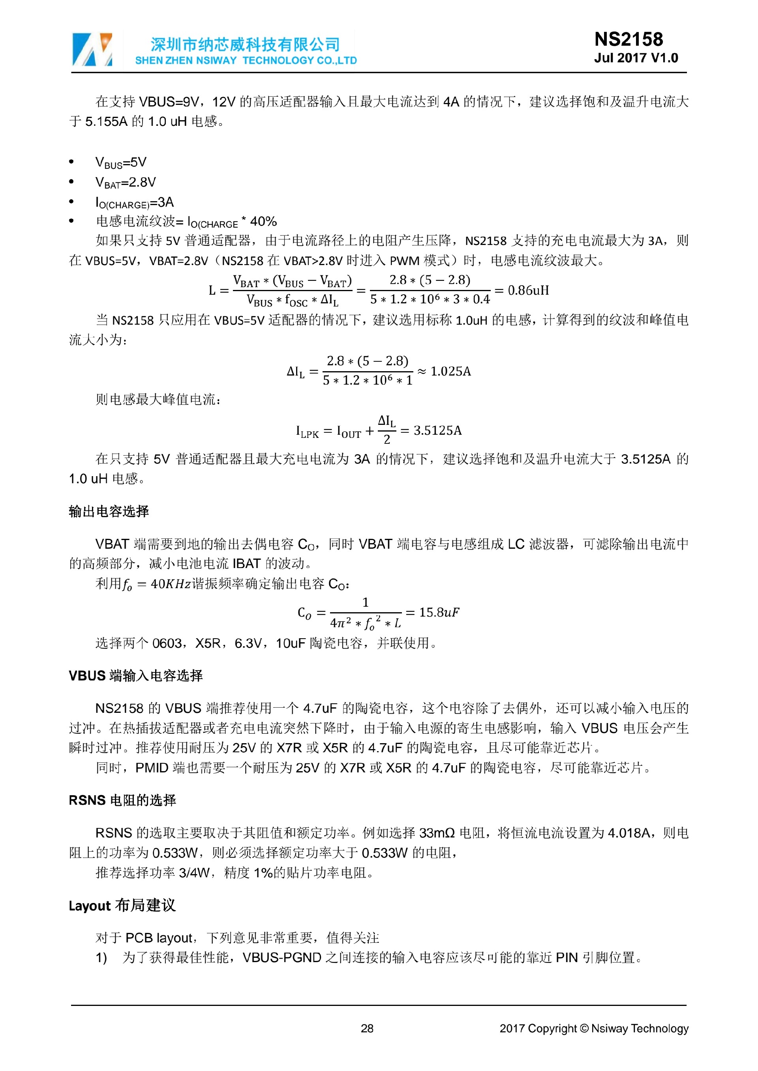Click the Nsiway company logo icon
pyautogui.click(x=92, y=49)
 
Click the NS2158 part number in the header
pyautogui.click(x=628, y=39)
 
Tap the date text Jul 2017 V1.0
pyautogui.click(x=636, y=58)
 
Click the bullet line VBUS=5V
pyautogui.click(x=121, y=163)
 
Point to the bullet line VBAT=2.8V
pyautogui.click(x=126, y=182)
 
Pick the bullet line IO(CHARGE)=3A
pyautogui.click(x=134, y=202)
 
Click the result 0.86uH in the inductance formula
pyautogui.click(x=528, y=290)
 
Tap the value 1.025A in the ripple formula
pyautogui.click(x=450, y=371)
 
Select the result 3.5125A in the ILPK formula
pyautogui.click(x=437, y=430)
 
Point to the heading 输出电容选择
pyautogui.click(x=109, y=511)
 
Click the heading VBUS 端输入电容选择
pyautogui.click(x=135, y=675)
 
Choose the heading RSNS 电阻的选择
pyautogui.click(x=122, y=800)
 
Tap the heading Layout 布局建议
pyautogui.click(x=122, y=905)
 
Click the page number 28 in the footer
pyautogui.click(x=367, y=1028)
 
